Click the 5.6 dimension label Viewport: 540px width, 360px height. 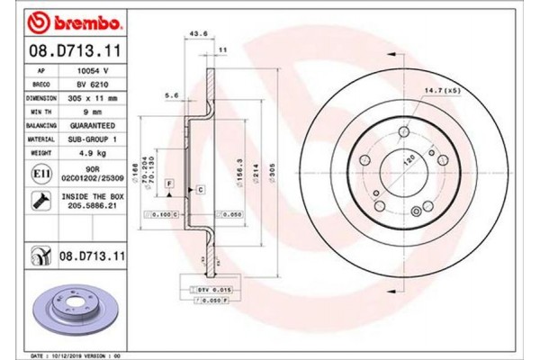tap(171, 93)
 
